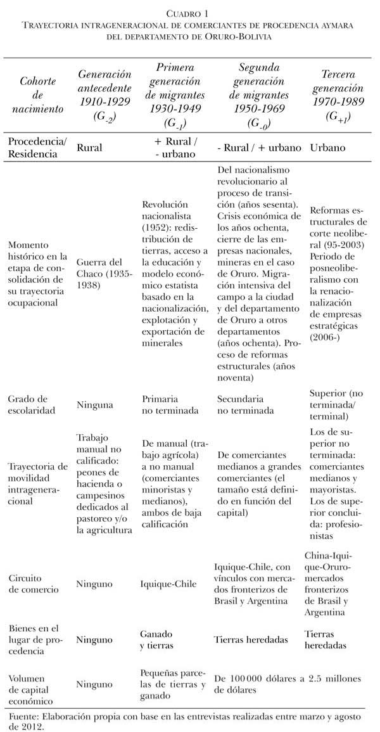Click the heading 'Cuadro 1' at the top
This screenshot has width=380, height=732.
(189, 13)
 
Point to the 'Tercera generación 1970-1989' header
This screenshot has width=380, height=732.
(338, 95)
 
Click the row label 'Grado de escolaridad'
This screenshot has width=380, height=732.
(34, 404)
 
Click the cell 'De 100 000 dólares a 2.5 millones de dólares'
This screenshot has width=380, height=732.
(288, 684)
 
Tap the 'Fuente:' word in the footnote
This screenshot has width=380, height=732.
(25, 716)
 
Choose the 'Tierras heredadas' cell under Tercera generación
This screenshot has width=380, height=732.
(326, 639)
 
